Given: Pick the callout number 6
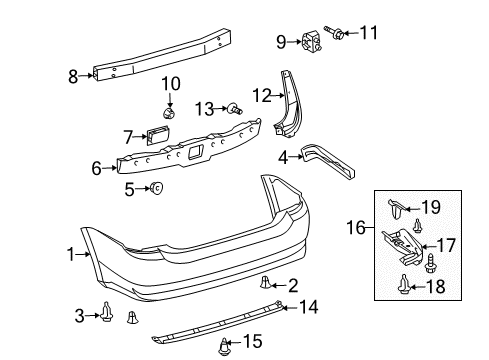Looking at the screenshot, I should point(97,169).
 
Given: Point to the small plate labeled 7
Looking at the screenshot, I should point(158,137).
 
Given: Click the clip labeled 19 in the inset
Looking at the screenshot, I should point(397,209).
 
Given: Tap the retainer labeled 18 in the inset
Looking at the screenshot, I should point(404,285).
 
